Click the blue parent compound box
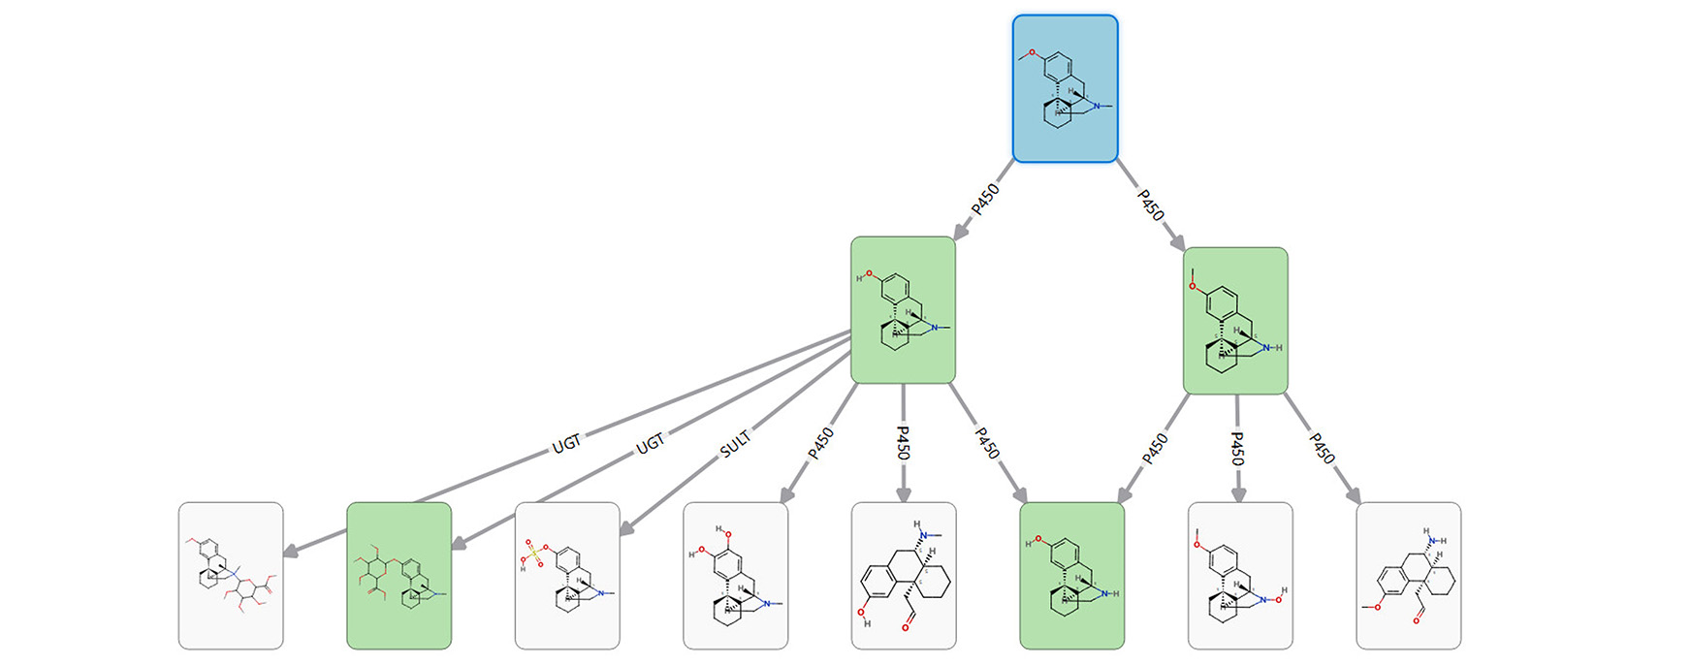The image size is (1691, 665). (1065, 88)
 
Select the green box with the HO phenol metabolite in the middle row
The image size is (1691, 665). (903, 309)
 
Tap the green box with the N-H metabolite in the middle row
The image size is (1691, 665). (1235, 321)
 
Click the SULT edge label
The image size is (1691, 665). (735, 445)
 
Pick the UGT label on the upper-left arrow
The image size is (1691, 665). (566, 443)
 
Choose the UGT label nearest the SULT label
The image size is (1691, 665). (651, 443)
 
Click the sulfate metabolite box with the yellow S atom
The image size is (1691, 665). (567, 575)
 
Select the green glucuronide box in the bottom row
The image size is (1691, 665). (399, 575)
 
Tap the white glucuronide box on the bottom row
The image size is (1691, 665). (231, 575)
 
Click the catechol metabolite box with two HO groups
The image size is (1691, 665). (735, 575)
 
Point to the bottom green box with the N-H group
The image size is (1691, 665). (1071, 575)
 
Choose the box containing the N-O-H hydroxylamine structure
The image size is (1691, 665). (1240, 575)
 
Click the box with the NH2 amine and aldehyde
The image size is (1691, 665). (1408, 575)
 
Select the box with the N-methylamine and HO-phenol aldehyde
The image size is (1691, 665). (903, 575)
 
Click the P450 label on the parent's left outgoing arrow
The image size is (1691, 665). (984, 200)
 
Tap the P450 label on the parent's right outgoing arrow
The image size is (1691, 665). (1150, 205)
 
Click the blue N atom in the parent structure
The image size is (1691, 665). (1097, 105)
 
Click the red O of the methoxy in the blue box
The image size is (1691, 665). (1033, 52)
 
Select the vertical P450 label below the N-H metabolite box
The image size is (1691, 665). (1237, 448)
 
